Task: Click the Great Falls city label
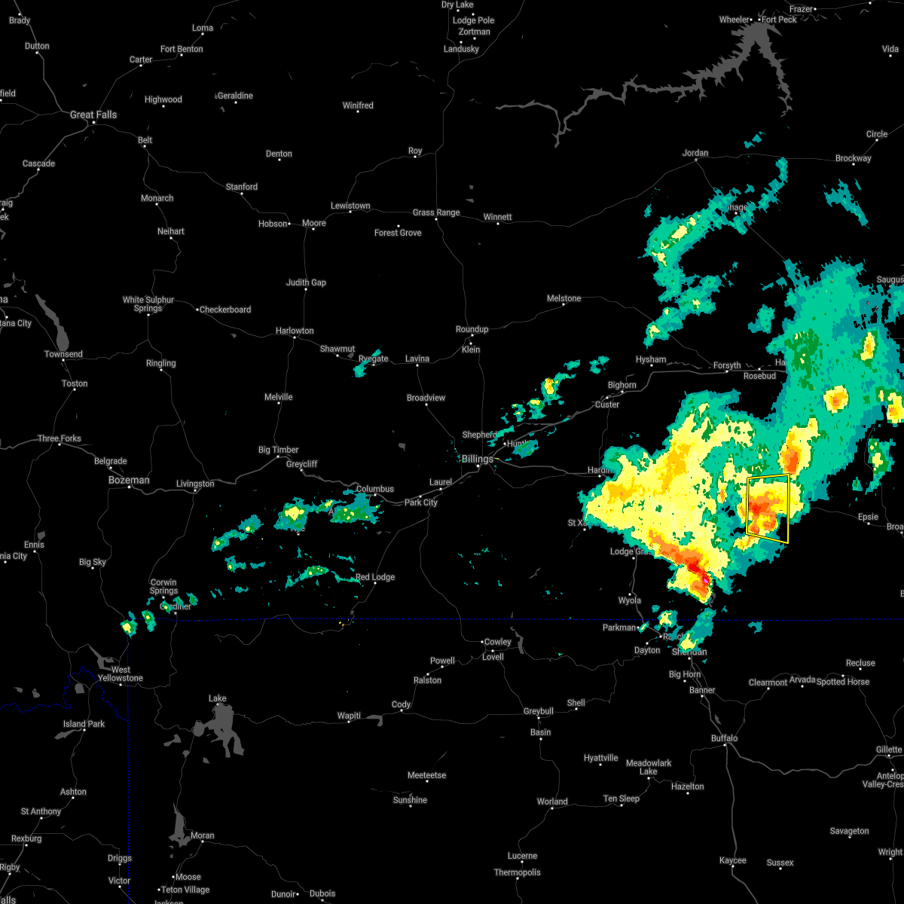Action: tap(93, 115)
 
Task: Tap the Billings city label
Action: tap(477, 459)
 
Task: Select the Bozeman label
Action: tap(129, 480)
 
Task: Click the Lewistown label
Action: tap(350, 206)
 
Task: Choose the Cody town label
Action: tap(401, 705)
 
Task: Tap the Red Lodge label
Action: tap(375, 577)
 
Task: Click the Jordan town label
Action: tap(695, 153)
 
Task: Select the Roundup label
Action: tap(472, 329)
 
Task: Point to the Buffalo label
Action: tap(725, 738)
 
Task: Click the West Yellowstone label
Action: tap(121, 673)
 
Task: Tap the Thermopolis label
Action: tap(518, 872)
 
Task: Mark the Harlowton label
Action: tap(295, 331)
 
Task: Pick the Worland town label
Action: tap(552, 802)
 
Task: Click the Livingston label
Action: tap(195, 484)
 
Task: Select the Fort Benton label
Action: tap(182, 49)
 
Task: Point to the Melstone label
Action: tap(564, 298)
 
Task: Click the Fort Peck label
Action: tap(779, 20)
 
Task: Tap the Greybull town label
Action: tap(539, 711)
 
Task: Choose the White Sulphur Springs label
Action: tap(148, 304)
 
